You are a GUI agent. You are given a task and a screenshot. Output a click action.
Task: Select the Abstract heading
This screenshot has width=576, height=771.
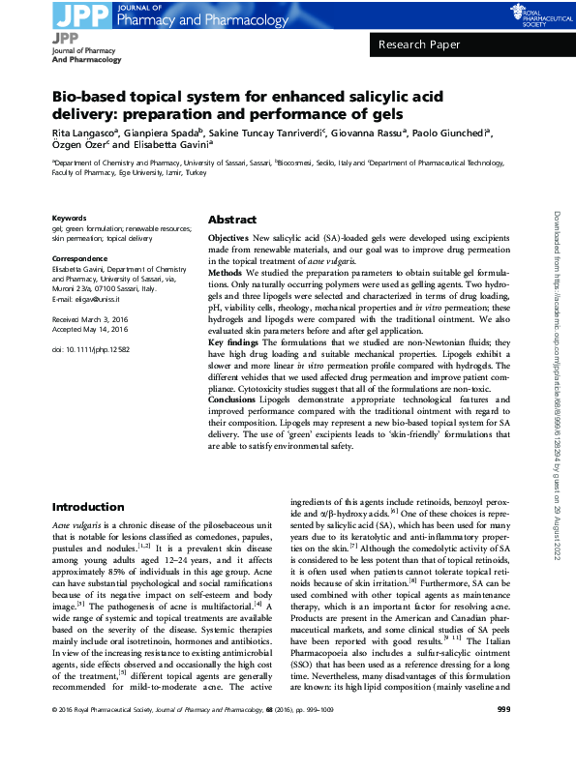[x=231, y=220]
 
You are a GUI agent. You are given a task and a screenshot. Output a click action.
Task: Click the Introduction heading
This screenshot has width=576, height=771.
[x=88, y=507]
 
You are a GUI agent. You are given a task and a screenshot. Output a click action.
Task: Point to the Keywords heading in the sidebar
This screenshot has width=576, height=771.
[x=69, y=218]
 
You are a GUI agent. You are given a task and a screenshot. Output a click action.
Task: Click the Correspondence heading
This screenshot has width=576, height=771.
[x=79, y=259]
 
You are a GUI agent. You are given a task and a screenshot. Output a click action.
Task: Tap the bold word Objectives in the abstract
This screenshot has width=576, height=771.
[x=228, y=238]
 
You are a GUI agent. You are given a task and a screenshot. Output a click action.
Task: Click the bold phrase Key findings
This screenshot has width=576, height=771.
[x=234, y=344]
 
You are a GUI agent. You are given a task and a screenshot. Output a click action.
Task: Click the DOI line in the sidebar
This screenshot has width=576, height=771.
[x=91, y=349]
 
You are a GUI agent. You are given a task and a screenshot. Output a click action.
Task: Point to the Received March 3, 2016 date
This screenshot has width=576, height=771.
[x=92, y=318]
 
